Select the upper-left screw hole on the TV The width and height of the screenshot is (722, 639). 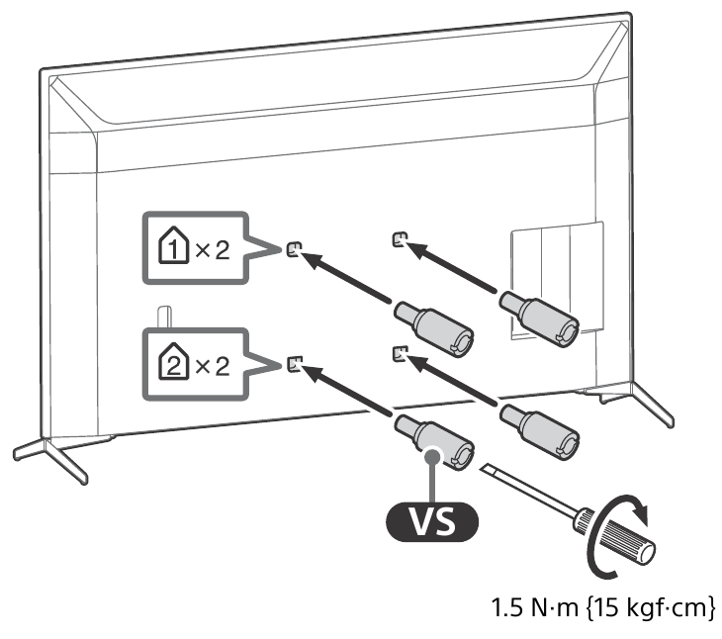pos(292,248)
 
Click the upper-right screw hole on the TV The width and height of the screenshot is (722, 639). pos(398,237)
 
